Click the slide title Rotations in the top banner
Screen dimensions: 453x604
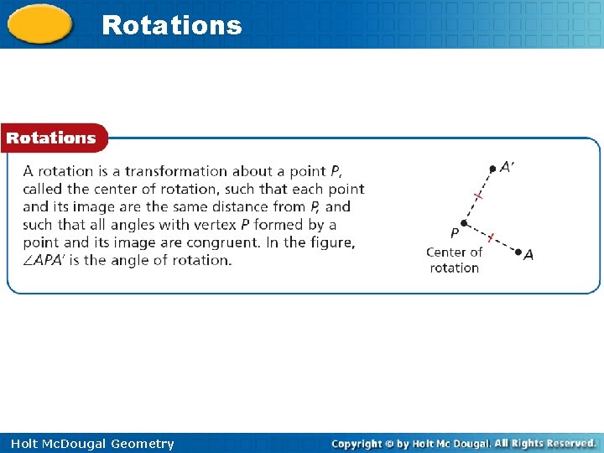tap(171, 25)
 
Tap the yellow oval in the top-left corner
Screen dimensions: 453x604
tap(39, 25)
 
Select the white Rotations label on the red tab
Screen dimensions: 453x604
tap(51, 138)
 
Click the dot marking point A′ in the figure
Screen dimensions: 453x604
tap(492, 169)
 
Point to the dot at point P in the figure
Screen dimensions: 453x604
tap(463, 222)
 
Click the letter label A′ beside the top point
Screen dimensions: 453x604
tap(507, 167)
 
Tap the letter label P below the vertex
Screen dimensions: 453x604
tap(454, 232)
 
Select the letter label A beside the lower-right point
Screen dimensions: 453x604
tap(528, 256)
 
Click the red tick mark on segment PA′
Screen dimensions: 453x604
tap(478, 195)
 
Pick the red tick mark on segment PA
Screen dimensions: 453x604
tap(491, 237)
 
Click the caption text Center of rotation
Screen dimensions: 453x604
tap(454, 260)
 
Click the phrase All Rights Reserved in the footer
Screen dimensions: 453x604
tap(545, 443)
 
